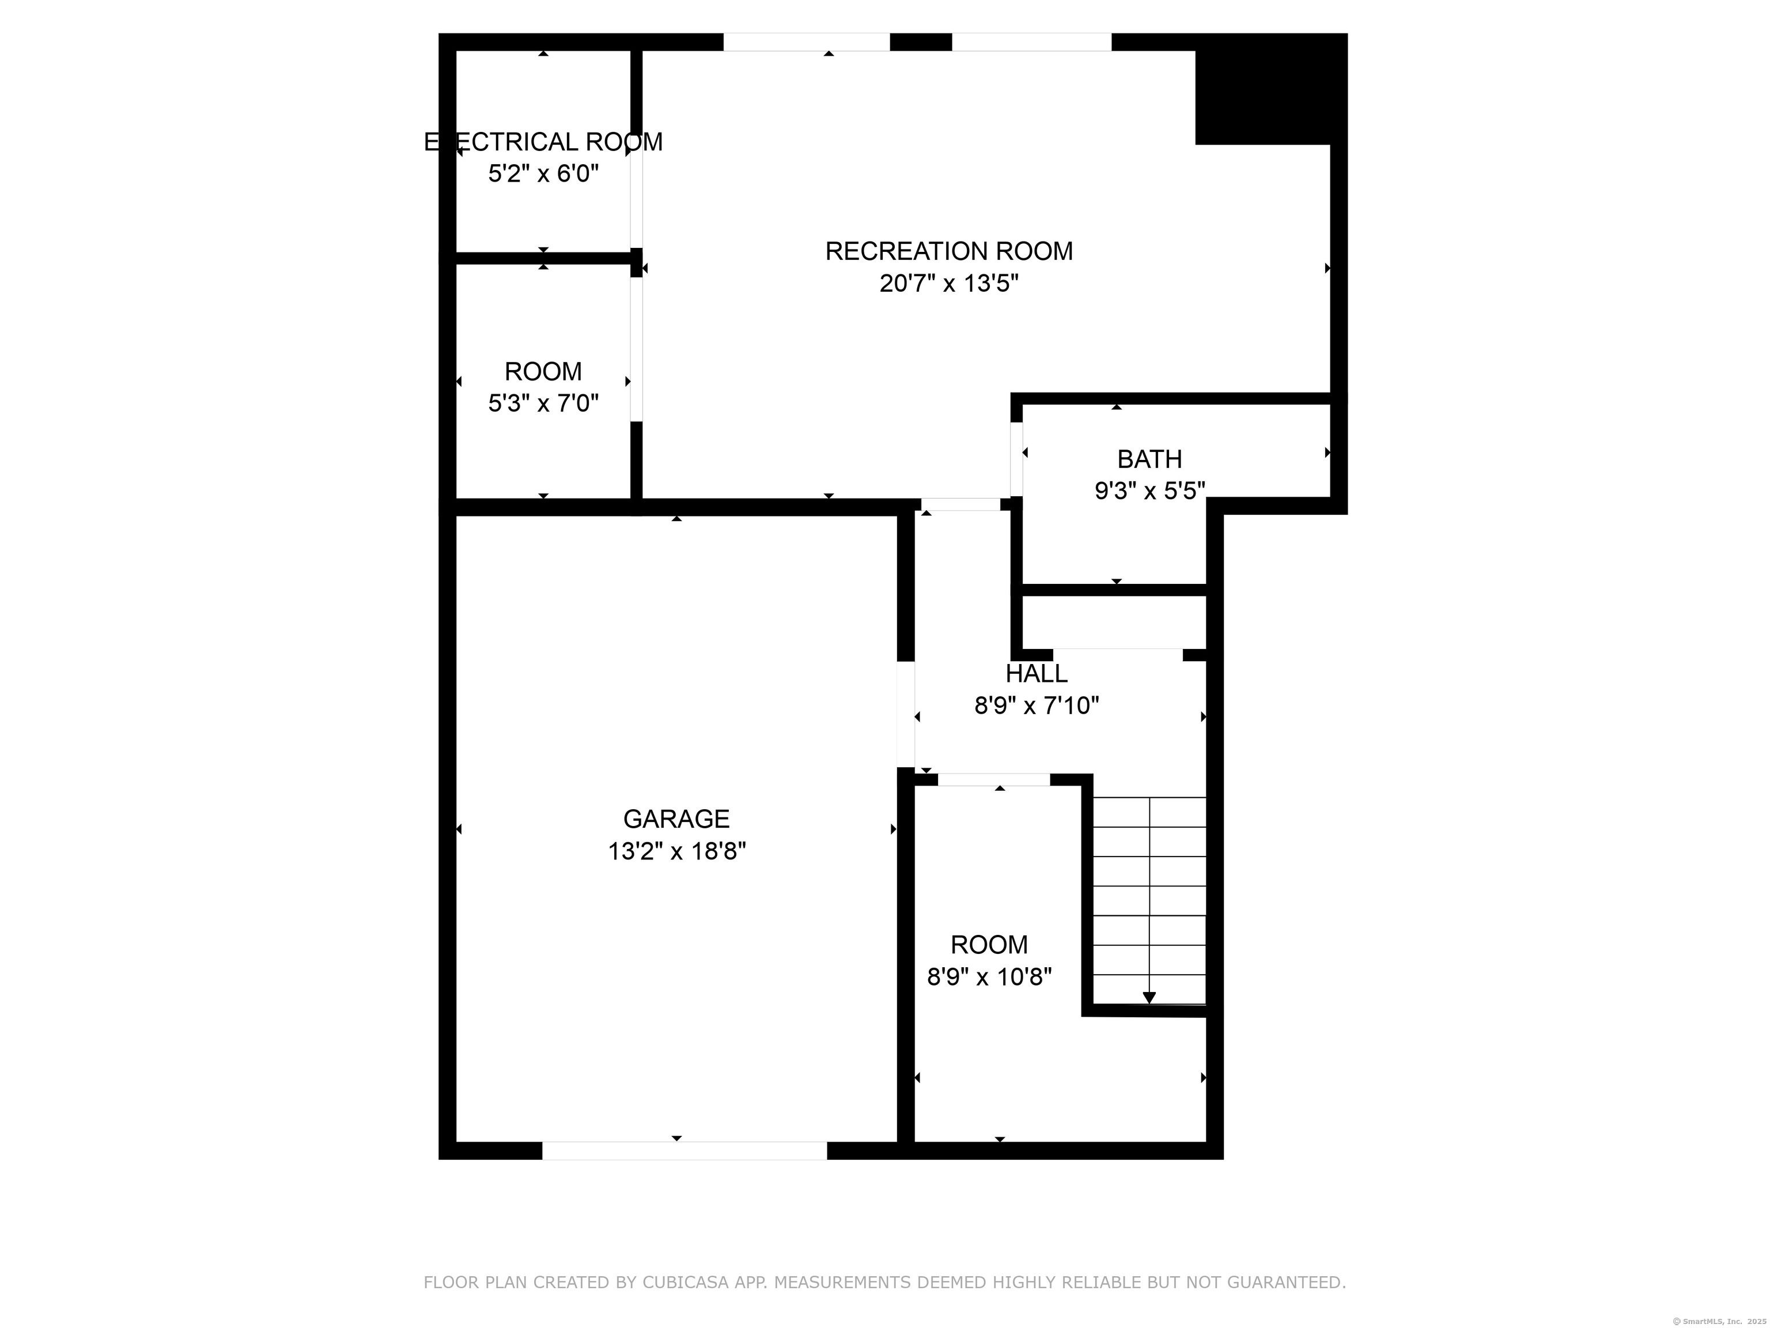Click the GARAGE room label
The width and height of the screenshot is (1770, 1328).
pos(676,819)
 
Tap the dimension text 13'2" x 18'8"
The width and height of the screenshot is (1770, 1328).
pos(676,851)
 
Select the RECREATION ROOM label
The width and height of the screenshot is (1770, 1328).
pos(949,251)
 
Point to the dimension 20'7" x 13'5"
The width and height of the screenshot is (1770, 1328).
pos(949,284)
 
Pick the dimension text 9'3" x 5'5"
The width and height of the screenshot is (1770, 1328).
pos(1150,491)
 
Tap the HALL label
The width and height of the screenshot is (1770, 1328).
pos(1036,673)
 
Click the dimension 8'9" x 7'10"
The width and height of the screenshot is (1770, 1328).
pos(1036,706)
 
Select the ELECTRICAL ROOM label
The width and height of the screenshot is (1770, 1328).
pos(543,142)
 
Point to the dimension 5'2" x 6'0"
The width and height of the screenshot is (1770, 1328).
pos(543,173)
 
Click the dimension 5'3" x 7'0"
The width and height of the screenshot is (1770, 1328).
pos(543,403)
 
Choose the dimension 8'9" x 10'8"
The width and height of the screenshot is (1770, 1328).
pos(989,978)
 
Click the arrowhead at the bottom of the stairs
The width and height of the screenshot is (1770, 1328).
pos(1149,997)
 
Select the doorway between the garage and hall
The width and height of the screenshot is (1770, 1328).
pos(906,714)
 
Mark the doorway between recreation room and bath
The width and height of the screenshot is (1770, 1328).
pos(1016,459)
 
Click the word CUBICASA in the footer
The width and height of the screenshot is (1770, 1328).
pos(686,1282)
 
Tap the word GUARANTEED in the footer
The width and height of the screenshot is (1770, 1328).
pos(1286,1282)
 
